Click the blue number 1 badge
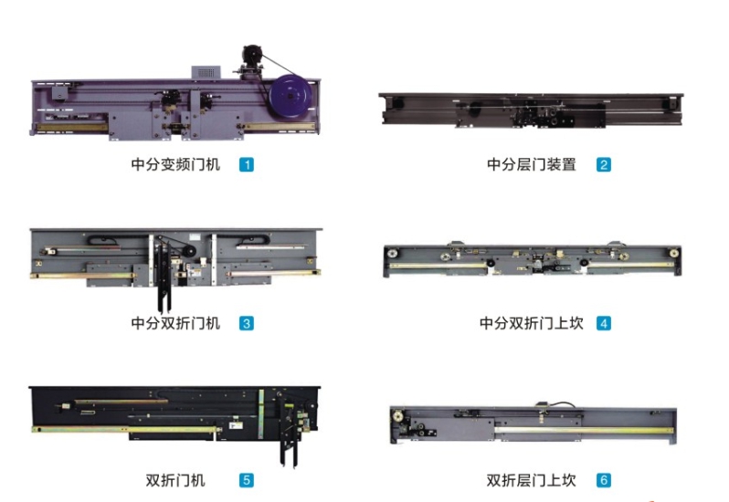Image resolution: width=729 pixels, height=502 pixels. (x=247, y=165)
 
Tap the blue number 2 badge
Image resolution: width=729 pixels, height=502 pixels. (x=604, y=165)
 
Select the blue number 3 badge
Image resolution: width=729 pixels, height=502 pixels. (x=247, y=323)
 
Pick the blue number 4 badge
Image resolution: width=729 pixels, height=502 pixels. (x=604, y=323)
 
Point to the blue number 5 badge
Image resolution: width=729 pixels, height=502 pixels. (x=247, y=480)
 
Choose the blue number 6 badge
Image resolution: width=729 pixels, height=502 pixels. (x=604, y=480)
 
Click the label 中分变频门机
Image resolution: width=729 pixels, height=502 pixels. (x=175, y=165)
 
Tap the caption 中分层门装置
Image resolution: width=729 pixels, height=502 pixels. (x=532, y=165)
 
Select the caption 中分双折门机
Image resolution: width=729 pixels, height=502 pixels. (x=175, y=323)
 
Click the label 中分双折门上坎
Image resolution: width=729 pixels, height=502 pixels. (x=532, y=323)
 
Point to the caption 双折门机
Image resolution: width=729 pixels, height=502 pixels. (x=175, y=480)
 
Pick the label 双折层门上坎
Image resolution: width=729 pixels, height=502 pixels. (x=532, y=480)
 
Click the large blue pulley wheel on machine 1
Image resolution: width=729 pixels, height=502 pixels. (x=291, y=97)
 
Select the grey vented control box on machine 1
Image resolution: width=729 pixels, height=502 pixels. (x=206, y=72)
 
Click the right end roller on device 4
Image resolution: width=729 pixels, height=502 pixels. (x=673, y=253)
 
